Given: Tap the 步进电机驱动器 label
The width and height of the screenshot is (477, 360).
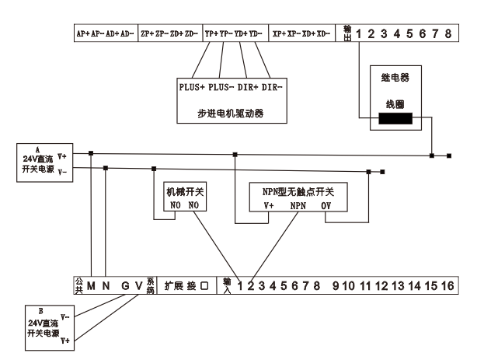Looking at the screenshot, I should [231, 113].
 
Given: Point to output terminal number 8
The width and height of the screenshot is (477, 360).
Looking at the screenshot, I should [447, 34].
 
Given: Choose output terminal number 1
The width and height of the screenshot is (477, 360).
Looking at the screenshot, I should [360, 34].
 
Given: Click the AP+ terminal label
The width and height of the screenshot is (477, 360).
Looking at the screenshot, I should [82, 34].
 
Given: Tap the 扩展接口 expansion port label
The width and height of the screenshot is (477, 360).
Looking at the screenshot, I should [186, 286].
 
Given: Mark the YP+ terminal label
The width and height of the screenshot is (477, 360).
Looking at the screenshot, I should [211, 34].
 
